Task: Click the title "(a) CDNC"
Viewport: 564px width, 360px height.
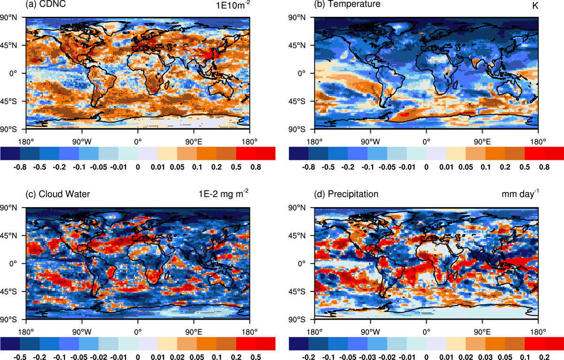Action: coord(46,4)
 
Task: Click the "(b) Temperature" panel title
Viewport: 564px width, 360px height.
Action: coord(347,4)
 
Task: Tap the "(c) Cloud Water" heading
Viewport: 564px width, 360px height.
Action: coord(58,194)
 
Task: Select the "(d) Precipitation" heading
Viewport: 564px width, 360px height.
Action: coord(346,194)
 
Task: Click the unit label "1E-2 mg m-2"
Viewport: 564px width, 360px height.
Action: coord(224,194)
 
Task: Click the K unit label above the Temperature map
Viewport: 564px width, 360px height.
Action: coord(535,6)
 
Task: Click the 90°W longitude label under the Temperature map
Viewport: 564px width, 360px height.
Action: coord(370,142)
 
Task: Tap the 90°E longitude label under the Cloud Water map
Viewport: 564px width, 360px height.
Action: coord(194,332)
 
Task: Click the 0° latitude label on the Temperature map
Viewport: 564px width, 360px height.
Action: coord(301,73)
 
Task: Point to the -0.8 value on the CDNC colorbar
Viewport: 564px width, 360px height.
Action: coord(20,167)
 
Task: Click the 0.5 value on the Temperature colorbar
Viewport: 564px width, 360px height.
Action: coord(525,167)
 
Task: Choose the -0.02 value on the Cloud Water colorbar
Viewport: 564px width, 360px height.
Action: coord(99,357)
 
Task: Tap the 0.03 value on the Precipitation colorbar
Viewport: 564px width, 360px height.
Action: coord(486,357)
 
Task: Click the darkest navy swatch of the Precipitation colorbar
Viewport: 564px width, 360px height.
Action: coord(298,344)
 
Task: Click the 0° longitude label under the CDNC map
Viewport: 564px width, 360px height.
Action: coord(138,142)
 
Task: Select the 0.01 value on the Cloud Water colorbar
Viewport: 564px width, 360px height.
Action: coord(157,357)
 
